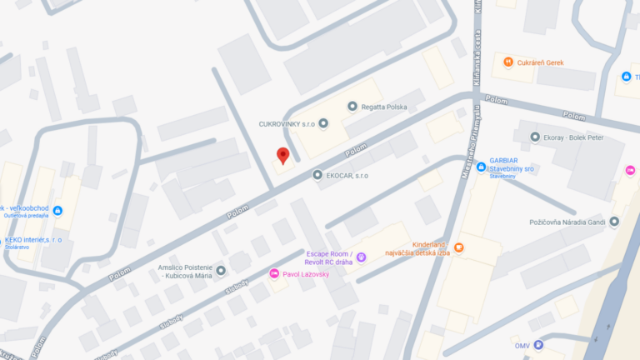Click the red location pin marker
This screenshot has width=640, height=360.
click(282, 155)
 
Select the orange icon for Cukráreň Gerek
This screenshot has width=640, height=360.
click(508, 62)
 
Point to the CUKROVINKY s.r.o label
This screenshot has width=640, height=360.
click(287, 124)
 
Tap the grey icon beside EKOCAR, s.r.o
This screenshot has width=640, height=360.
click(317, 175)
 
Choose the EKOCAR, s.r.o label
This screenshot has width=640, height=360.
click(349, 176)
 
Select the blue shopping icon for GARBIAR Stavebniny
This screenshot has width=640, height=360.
click(481, 167)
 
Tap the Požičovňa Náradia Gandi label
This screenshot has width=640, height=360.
click(567, 222)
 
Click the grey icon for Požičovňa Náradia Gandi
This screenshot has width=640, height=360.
click(614, 222)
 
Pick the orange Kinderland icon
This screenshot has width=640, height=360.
click(458, 247)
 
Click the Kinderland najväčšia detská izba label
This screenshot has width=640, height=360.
click(417, 247)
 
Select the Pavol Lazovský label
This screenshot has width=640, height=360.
click(306, 273)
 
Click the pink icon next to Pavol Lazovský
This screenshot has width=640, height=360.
click(273, 273)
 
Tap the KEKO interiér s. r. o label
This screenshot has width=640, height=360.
click(33, 240)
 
